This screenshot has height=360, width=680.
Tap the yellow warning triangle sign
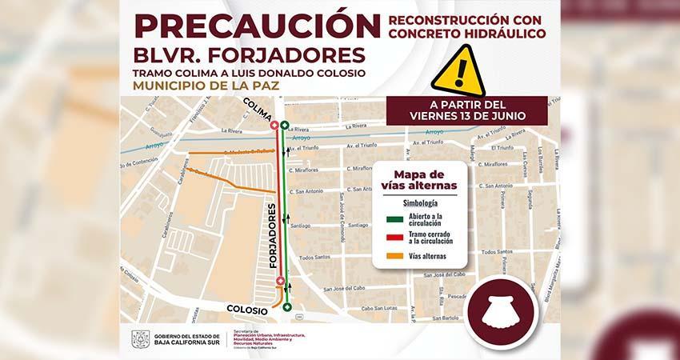pos(458,70)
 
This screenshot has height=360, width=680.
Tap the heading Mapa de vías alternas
pos(419,180)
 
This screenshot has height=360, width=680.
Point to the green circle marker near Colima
pos(285,126)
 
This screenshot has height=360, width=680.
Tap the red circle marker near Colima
pos(274,125)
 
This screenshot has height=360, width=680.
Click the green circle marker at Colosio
pos(286,307)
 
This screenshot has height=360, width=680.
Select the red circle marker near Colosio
pos(279,280)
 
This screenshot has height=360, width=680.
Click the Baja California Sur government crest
pos(141,339)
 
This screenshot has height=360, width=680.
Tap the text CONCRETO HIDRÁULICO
pos(468,34)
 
